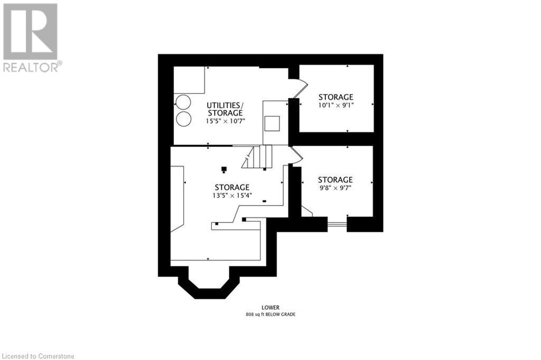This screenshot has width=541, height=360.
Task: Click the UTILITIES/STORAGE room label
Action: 225,109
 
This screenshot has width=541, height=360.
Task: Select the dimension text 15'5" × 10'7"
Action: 225,121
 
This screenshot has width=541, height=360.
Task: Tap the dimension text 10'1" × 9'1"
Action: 335,105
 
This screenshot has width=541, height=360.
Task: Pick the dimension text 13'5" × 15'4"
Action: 232,195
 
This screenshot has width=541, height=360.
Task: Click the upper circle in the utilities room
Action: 184,101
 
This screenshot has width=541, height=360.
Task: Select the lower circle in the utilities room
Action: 184,118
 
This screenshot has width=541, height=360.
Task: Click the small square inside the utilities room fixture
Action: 273,123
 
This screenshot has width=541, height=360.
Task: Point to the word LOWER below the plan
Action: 270,307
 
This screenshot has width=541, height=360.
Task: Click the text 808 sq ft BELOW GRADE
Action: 270,315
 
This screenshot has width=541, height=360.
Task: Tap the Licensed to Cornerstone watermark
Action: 38,355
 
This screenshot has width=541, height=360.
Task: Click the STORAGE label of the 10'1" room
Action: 335,97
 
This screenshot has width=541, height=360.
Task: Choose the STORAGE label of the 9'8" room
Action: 335,180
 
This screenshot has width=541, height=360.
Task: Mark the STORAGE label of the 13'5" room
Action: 232,187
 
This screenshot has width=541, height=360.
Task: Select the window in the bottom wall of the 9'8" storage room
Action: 337,224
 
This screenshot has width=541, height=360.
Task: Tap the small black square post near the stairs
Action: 224,169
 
